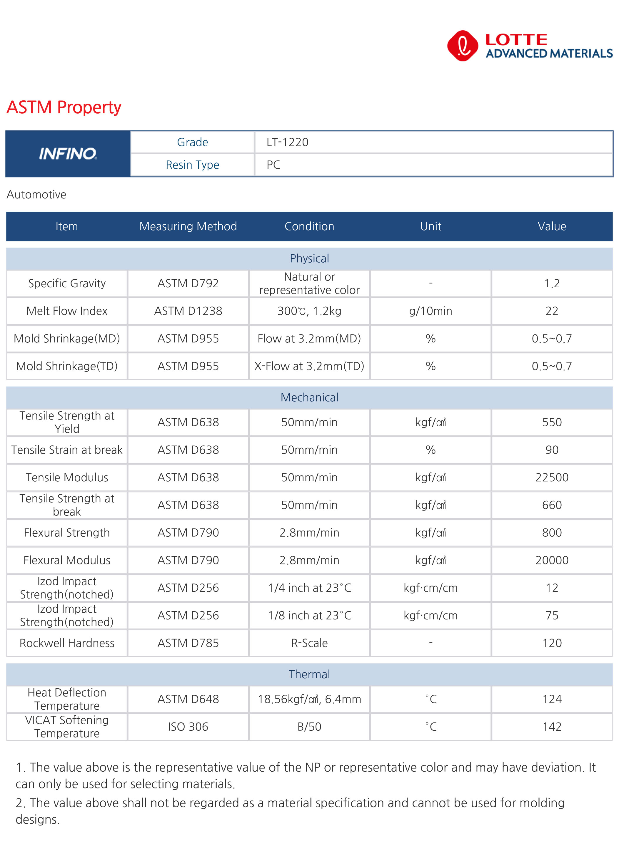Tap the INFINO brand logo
pos(68,154)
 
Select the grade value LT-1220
pos(287,142)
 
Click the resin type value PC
pos(273,165)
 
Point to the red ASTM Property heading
pos(64,107)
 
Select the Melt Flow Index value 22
pos(552,311)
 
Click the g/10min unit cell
pos(431,311)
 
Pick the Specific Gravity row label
pos(67,283)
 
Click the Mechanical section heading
pos(309,397)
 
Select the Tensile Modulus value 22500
pos(552,477)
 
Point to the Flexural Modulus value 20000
pos(552,560)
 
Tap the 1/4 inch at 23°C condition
pos(309,588)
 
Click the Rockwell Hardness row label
pos(67,643)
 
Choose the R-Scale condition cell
pos(309,643)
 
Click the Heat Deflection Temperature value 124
pos(552,699)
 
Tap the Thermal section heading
pos(309,674)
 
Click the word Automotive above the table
pos(36,194)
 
